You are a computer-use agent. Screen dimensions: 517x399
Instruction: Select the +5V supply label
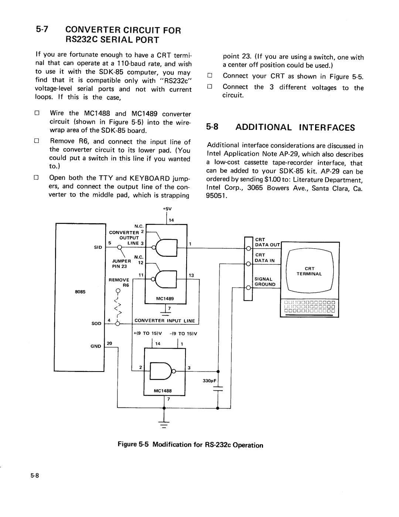(x=166, y=209)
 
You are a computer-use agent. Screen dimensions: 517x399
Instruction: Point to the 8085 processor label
(x=81, y=292)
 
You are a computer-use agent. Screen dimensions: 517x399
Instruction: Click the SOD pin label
(x=96, y=323)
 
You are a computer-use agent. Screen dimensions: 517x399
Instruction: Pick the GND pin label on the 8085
(x=96, y=346)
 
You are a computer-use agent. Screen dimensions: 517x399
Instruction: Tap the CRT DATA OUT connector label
(x=267, y=242)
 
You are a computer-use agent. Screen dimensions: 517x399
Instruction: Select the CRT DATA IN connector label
(x=265, y=258)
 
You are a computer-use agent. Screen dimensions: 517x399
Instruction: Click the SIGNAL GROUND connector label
(x=265, y=282)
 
